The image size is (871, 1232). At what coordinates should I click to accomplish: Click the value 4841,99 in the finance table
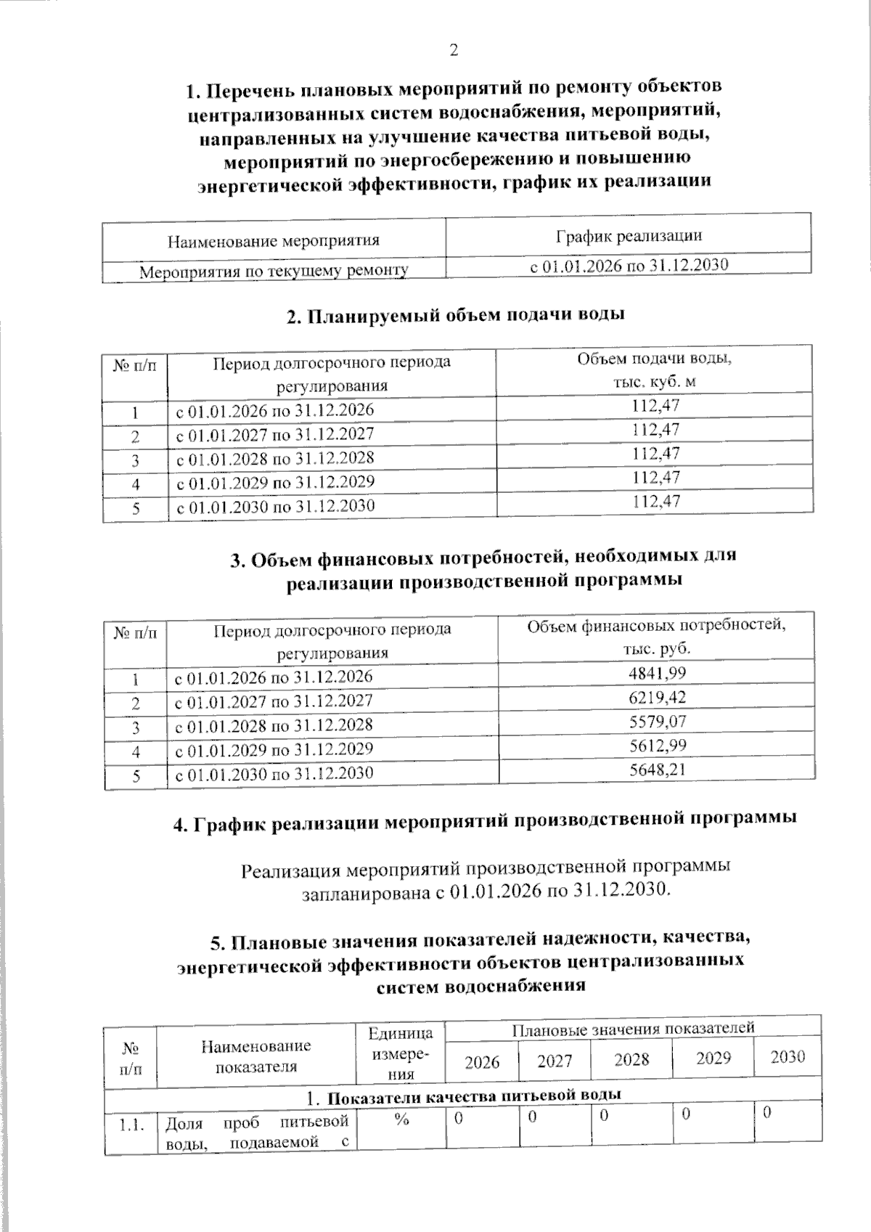pyautogui.click(x=657, y=673)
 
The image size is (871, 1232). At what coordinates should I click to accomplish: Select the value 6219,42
pyautogui.click(x=657, y=697)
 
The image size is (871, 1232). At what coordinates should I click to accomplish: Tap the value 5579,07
pyautogui.click(x=657, y=721)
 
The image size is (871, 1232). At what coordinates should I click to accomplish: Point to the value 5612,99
pyautogui.click(x=657, y=745)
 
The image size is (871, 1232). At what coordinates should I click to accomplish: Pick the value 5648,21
pyautogui.click(x=657, y=769)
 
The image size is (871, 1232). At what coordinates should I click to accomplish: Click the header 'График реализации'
pyautogui.click(x=629, y=235)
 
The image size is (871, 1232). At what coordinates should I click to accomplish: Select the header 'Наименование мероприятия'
pyautogui.click(x=274, y=240)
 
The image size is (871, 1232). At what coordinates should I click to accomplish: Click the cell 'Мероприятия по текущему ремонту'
pyautogui.click(x=274, y=272)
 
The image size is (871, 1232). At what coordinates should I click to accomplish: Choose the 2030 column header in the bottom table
pyautogui.click(x=788, y=1056)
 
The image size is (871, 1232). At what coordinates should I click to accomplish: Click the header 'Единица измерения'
pyautogui.click(x=401, y=1053)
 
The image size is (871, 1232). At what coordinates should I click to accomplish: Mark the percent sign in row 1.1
pyautogui.click(x=401, y=1120)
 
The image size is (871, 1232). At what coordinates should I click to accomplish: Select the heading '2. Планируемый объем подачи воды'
pyautogui.click(x=456, y=315)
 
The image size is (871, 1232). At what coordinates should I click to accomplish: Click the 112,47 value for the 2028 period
pyautogui.click(x=655, y=454)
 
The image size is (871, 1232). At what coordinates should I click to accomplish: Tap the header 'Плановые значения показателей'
pyautogui.click(x=633, y=1028)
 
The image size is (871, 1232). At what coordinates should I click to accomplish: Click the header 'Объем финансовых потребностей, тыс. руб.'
pyautogui.click(x=656, y=636)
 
